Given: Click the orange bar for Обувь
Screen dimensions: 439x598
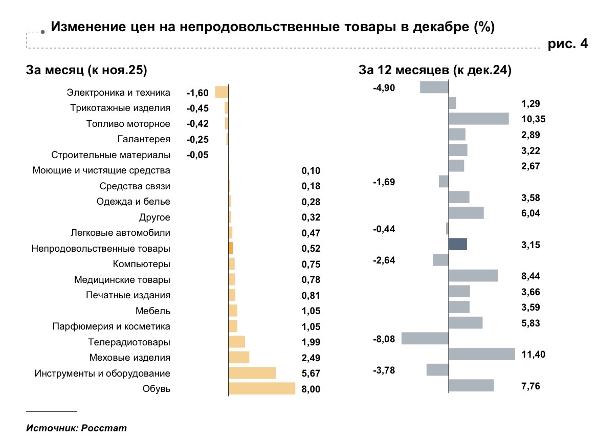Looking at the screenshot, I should tap(262, 388).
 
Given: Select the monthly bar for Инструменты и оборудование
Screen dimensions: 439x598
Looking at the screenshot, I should tap(252, 373).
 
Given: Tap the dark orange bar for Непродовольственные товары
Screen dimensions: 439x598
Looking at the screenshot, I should tap(231, 248).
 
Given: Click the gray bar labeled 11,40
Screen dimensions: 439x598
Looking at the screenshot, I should tap(482, 354).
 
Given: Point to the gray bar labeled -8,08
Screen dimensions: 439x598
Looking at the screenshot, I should tap(425, 339).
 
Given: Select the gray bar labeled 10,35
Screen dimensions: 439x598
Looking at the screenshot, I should tap(479, 119).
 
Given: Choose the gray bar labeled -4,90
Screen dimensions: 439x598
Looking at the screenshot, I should tap(434, 87).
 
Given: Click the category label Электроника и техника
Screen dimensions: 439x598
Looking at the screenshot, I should tap(118, 93).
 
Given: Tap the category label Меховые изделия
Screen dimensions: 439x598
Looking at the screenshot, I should tap(129, 358).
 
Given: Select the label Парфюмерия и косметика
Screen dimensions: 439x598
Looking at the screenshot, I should tap(112, 326).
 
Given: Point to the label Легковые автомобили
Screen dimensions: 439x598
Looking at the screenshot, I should tap(121, 233).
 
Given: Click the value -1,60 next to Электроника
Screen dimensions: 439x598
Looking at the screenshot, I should tap(197, 93).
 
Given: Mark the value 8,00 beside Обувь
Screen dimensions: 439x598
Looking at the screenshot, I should tap(311, 389).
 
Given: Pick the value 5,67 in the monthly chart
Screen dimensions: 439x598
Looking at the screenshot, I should tap(311, 374).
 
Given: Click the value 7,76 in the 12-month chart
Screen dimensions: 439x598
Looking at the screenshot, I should tap(530, 386).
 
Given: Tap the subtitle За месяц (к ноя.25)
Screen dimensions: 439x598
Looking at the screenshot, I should tap(86, 71).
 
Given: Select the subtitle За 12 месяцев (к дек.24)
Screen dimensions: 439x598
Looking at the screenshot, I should tap(436, 71).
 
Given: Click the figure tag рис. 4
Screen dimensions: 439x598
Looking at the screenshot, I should tap(568, 45).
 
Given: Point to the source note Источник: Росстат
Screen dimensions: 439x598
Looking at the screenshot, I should tap(76, 428).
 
